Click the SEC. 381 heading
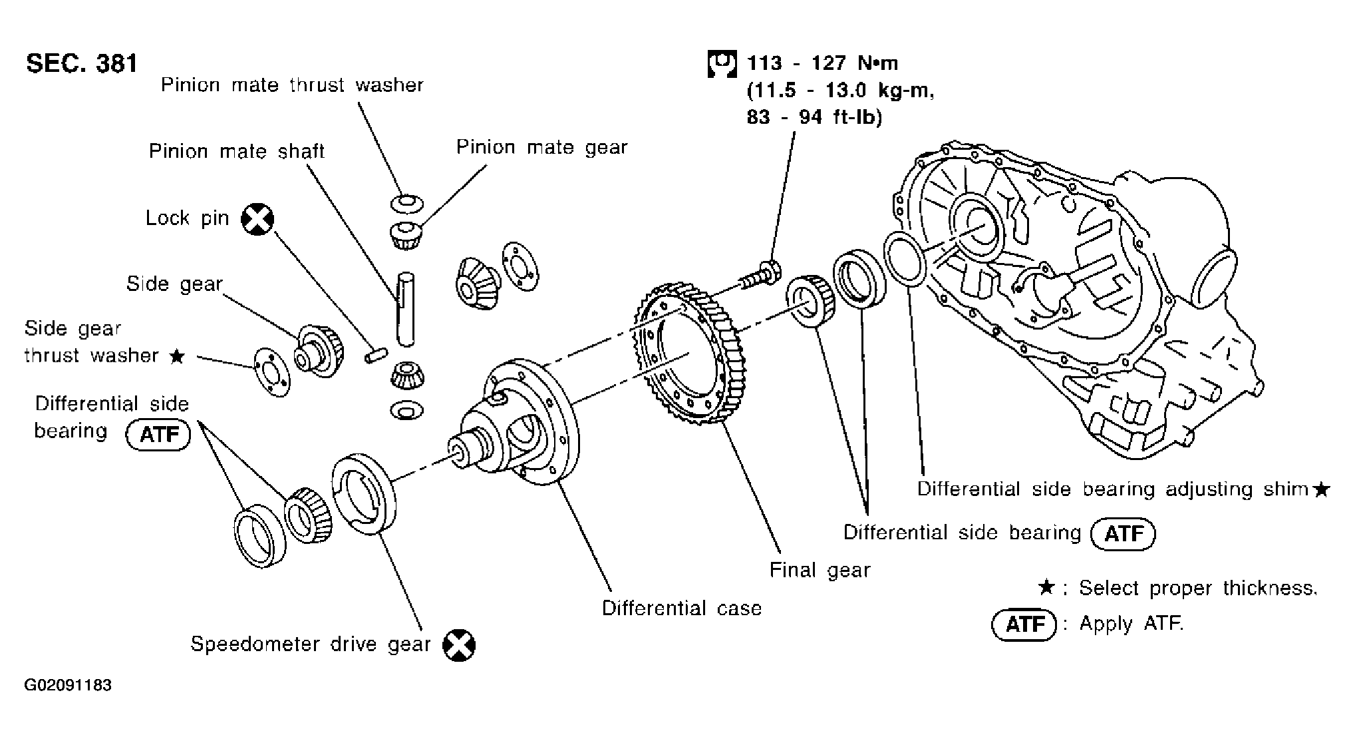click(82, 63)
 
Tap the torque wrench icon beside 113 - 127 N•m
click(721, 63)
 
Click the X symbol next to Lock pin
click(257, 219)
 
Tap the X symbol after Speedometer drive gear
click(459, 644)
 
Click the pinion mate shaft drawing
click(405, 310)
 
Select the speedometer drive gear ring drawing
click(363, 493)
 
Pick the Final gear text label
click(820, 570)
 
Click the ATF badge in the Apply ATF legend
click(1023, 624)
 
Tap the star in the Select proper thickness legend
click(1046, 588)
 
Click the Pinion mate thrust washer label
click(292, 85)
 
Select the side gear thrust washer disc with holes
click(272, 371)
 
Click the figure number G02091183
click(69, 685)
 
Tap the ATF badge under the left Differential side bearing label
click(158, 435)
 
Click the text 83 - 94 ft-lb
click(814, 118)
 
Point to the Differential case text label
click(681, 608)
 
